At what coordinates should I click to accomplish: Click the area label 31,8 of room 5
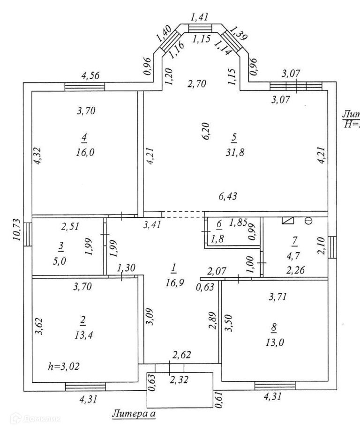234,152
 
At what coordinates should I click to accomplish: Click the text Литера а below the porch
134,414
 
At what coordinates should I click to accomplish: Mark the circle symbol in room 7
308,220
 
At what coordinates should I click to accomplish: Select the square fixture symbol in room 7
286,220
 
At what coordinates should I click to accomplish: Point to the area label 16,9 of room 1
173,282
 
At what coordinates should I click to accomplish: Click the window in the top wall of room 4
84,86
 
